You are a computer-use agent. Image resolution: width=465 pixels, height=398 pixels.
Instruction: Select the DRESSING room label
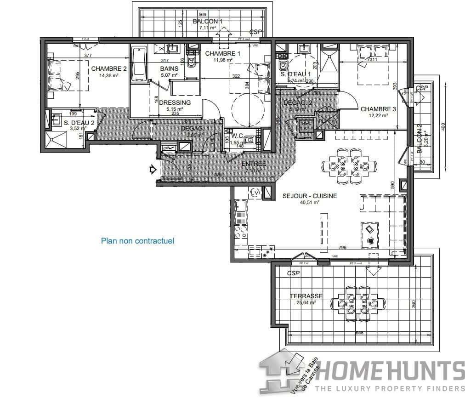(x=175, y=102)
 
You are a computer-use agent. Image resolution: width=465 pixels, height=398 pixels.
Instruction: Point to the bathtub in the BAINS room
(x=138, y=64)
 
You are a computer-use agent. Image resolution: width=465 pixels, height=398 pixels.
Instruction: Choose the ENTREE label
(x=253, y=164)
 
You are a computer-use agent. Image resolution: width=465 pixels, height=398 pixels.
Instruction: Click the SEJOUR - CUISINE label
(x=310, y=196)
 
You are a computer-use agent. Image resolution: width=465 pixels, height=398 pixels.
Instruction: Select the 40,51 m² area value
(x=310, y=202)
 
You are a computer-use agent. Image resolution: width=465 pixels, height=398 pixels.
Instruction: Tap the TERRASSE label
(x=306, y=296)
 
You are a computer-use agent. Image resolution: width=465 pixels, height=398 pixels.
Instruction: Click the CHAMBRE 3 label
(x=378, y=109)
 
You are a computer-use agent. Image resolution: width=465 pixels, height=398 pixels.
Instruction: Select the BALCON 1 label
(x=208, y=22)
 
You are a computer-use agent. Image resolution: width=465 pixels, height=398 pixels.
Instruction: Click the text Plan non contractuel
(x=137, y=240)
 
